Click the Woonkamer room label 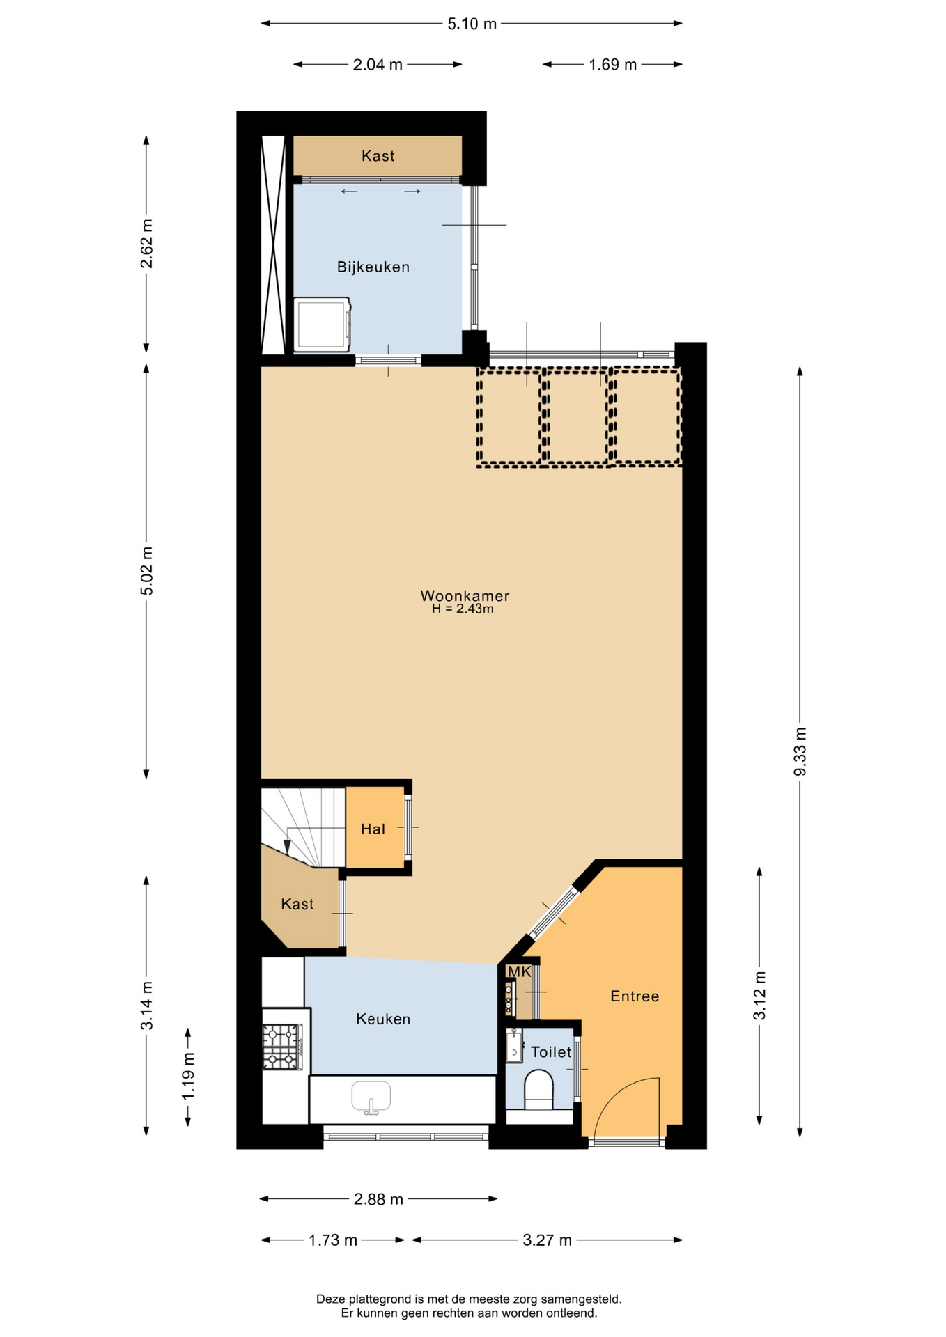(x=465, y=596)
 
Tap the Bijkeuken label (x=373, y=267)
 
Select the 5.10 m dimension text (x=472, y=24)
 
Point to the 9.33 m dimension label (x=800, y=751)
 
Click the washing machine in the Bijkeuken (x=322, y=325)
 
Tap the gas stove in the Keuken (x=282, y=1047)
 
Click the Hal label (x=373, y=829)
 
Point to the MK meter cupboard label (x=519, y=972)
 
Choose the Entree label (x=635, y=996)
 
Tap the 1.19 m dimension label (x=188, y=1077)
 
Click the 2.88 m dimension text (x=378, y=1199)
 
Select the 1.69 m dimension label (x=613, y=65)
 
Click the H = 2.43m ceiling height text (x=463, y=609)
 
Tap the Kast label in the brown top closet (x=378, y=156)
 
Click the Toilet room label (x=551, y=1052)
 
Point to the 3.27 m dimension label (x=547, y=1240)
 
